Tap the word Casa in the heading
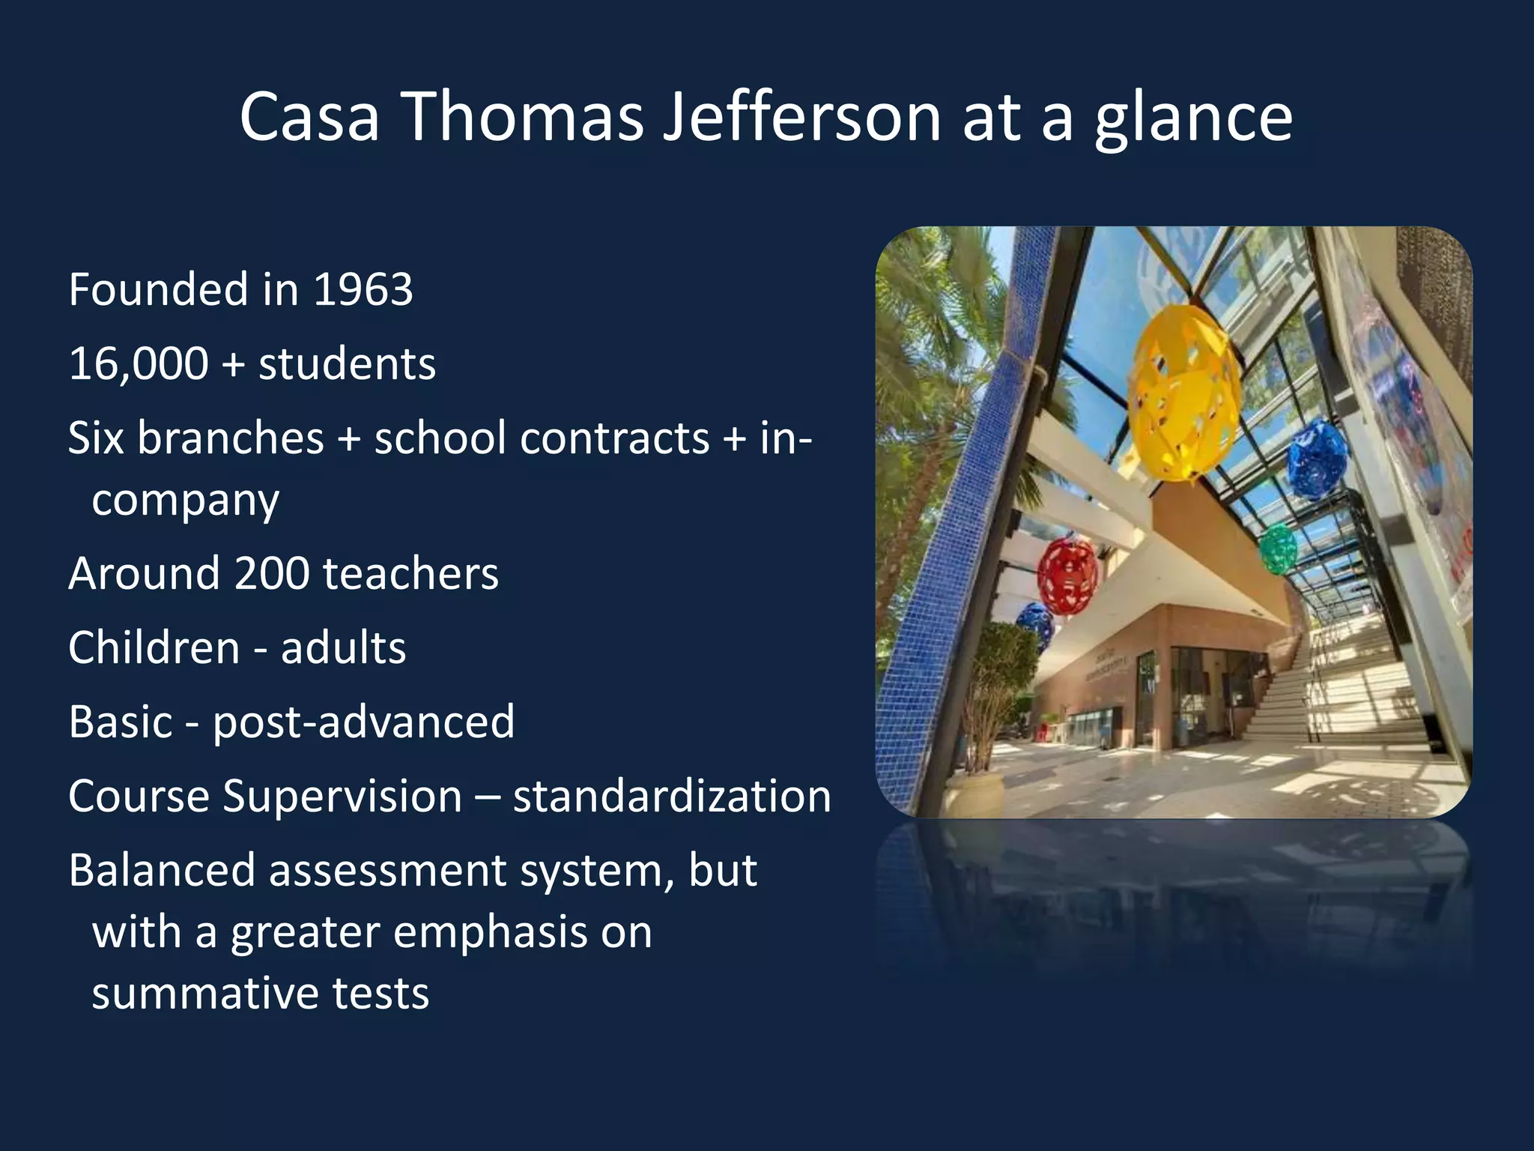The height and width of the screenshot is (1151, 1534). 309,117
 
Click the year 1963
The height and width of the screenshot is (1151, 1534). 363,289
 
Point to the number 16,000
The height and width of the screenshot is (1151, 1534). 139,364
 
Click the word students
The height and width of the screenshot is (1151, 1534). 347,364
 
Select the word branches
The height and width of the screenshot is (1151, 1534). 230,438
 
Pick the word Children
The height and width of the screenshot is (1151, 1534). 154,647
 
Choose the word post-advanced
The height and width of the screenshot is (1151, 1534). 364,723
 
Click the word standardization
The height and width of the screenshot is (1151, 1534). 672,796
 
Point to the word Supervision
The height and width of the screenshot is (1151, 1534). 342,796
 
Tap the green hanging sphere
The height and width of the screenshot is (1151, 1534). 1278,549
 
